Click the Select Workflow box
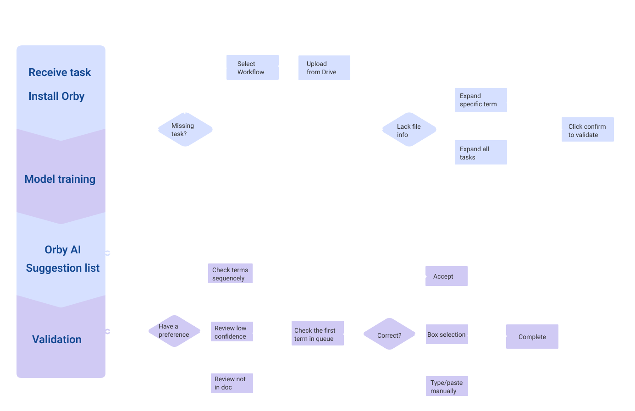click(253, 67)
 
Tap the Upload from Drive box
click(324, 68)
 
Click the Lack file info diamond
click(409, 130)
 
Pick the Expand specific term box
click(480, 100)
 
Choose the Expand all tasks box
click(480, 153)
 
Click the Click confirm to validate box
click(587, 130)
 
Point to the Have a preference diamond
click(174, 331)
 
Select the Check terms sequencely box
click(230, 274)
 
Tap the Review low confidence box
click(231, 332)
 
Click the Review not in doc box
click(231, 383)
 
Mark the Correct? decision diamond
click(389, 334)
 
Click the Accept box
click(446, 276)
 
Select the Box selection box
click(447, 334)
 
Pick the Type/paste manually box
click(447, 386)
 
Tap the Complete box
click(532, 337)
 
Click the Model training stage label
click(60, 179)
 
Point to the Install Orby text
click(56, 96)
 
